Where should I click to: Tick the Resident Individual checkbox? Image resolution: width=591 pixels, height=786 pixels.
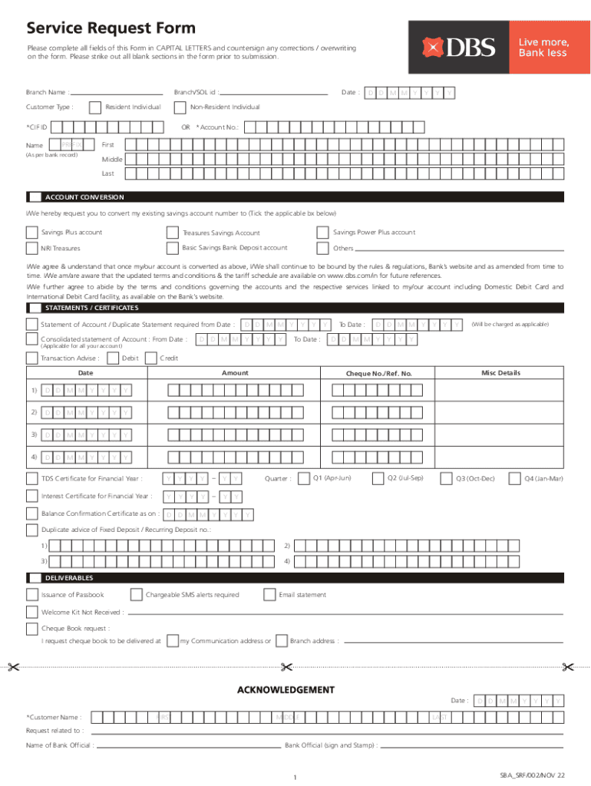[x=95, y=107]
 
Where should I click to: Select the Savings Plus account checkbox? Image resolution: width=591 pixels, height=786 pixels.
[x=31, y=233]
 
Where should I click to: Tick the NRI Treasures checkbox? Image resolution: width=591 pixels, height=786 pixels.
[x=31, y=248]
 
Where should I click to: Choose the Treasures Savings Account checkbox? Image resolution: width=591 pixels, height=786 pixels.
[x=171, y=233]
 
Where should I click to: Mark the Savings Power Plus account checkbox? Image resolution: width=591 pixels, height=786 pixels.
[x=322, y=233]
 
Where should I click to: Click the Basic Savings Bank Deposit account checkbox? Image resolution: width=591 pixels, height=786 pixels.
[x=171, y=248]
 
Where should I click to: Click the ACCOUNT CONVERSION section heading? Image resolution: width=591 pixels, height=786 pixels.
[x=84, y=197]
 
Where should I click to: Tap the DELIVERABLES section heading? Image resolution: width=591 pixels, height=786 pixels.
[x=69, y=577]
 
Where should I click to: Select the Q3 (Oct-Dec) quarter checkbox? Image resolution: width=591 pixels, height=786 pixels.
[x=446, y=478]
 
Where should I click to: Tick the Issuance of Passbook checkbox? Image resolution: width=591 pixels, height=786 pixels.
[x=31, y=595]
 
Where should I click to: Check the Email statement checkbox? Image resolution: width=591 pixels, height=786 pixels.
[x=269, y=595]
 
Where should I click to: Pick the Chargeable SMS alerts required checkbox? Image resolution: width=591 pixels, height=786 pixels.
[x=136, y=595]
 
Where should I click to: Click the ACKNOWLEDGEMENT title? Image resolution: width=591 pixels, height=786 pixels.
[x=295, y=689]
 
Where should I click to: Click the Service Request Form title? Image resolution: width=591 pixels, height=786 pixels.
[x=111, y=29]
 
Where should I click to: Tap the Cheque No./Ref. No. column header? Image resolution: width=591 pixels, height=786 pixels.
[x=378, y=374]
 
